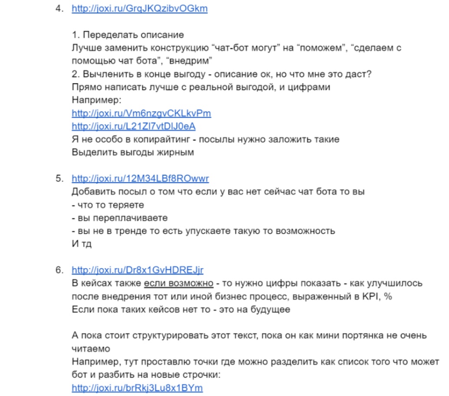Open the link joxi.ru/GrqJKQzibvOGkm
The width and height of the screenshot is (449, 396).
coord(139,8)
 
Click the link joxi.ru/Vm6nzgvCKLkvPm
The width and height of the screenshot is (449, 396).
coord(141,113)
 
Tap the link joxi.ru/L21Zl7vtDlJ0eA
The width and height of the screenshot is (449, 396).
coord(134,126)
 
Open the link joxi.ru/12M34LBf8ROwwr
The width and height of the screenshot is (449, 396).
coord(141,178)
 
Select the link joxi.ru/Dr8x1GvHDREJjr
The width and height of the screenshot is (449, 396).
coord(137,270)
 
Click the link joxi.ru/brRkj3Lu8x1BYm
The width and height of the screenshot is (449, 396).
coord(137,387)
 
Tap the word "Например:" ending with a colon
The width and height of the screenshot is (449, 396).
coord(96,100)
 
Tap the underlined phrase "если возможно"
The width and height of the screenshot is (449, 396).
coord(178,283)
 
